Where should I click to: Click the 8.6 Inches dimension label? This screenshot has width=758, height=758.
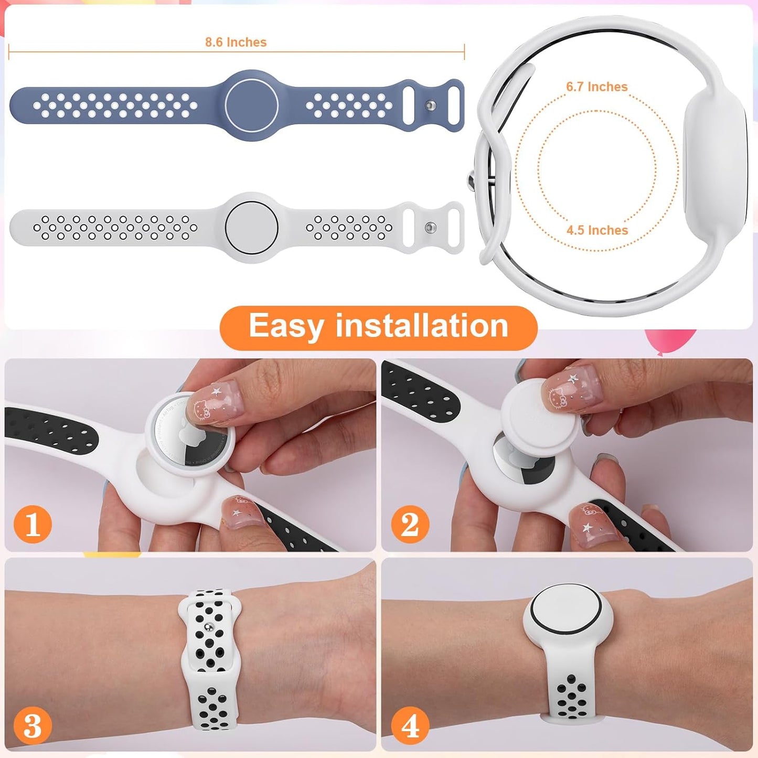[236, 42]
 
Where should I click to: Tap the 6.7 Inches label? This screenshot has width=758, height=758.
[596, 87]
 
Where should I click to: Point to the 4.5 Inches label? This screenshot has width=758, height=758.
[597, 230]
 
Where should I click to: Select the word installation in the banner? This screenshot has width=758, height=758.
[422, 326]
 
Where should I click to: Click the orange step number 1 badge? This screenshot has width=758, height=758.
[33, 524]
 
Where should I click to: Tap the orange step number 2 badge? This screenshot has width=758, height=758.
[410, 524]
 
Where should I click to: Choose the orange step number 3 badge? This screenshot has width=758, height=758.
[33, 726]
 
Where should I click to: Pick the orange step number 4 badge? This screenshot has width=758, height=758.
[410, 726]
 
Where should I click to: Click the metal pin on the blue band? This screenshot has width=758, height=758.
[430, 106]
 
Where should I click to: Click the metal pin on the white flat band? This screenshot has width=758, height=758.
[430, 228]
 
